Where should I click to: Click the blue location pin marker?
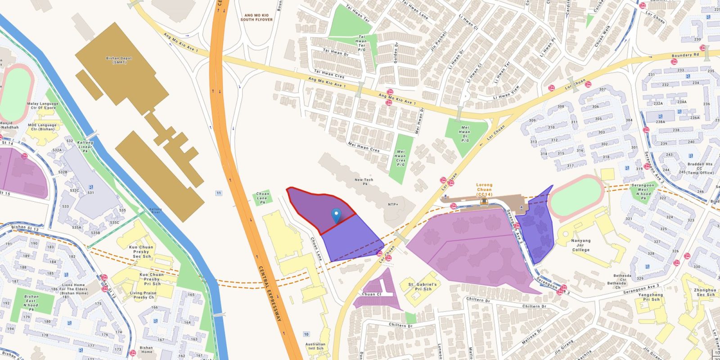[336, 216]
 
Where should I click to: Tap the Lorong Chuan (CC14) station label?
[484, 189]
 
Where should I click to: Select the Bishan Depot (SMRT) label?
[119, 60]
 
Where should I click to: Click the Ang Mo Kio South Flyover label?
[256, 17]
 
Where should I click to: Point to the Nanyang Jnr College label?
[580, 245]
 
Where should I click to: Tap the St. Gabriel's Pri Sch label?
[422, 287]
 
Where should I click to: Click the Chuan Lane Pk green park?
[263, 198]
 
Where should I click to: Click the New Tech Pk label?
[364, 182]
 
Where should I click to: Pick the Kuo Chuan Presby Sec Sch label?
[141, 252]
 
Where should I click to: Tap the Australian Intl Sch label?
[315, 346]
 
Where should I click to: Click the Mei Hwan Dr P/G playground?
[465, 134]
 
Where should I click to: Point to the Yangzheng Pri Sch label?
[651, 297]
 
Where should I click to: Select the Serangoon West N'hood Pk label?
[643, 191]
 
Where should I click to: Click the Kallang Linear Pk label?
[85, 146]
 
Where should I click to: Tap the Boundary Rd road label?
[685, 55]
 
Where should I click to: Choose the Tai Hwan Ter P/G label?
[361, 43]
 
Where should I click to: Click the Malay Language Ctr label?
[43, 106]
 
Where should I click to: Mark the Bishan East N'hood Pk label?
[31, 303]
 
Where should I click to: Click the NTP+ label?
[393, 204]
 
